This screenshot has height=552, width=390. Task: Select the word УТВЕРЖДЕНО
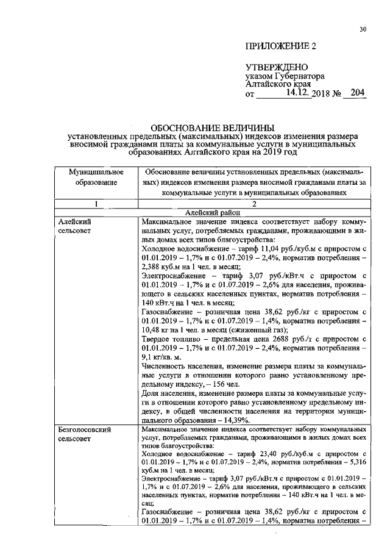point(276,67)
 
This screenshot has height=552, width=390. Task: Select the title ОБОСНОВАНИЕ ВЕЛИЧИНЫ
point(213,127)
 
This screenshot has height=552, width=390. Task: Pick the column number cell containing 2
point(254,204)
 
